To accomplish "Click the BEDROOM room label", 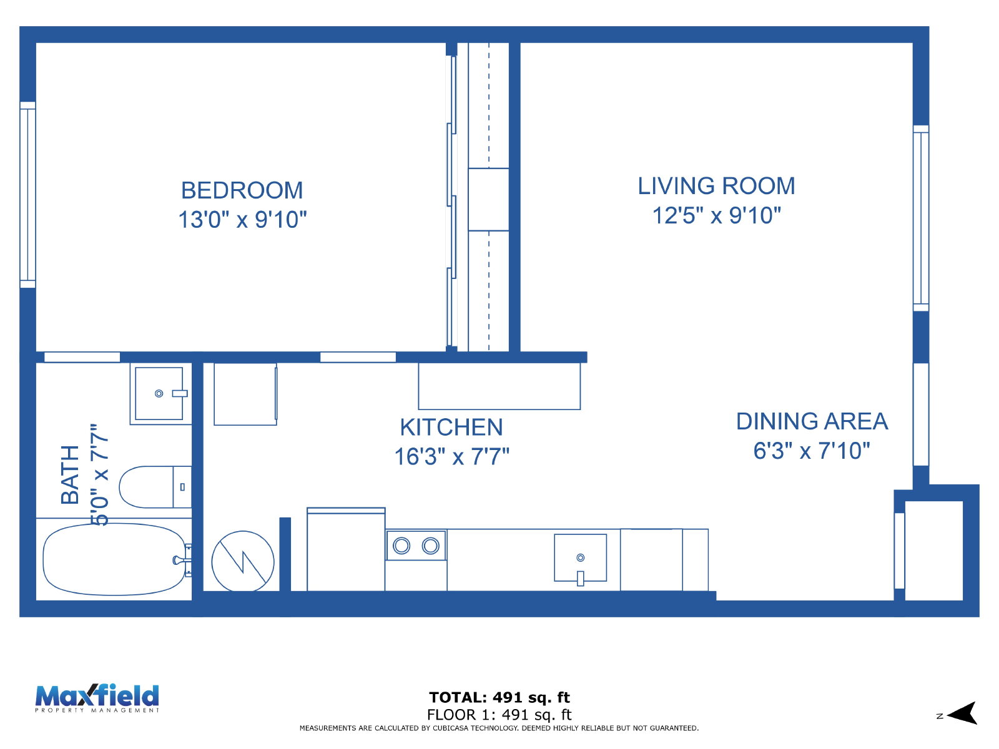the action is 242,190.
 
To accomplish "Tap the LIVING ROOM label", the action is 716,186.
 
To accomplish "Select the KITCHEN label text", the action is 451,427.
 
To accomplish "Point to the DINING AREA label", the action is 812,421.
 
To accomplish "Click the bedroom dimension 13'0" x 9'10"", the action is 242,220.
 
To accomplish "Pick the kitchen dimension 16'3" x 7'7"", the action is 451,457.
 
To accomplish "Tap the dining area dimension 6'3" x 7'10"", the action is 812,451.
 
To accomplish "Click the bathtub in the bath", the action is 115,559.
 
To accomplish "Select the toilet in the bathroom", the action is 155,487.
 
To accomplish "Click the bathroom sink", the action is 159,393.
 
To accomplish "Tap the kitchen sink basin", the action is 580,558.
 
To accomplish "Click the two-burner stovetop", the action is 416,546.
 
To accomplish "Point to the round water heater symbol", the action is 243,561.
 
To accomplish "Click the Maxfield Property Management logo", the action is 97,698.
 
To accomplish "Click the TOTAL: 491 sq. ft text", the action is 499,697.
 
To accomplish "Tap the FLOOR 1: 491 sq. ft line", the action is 499,715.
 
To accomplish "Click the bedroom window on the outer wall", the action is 27,195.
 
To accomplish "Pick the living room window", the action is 921,218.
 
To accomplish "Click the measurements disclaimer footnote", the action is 499,728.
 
